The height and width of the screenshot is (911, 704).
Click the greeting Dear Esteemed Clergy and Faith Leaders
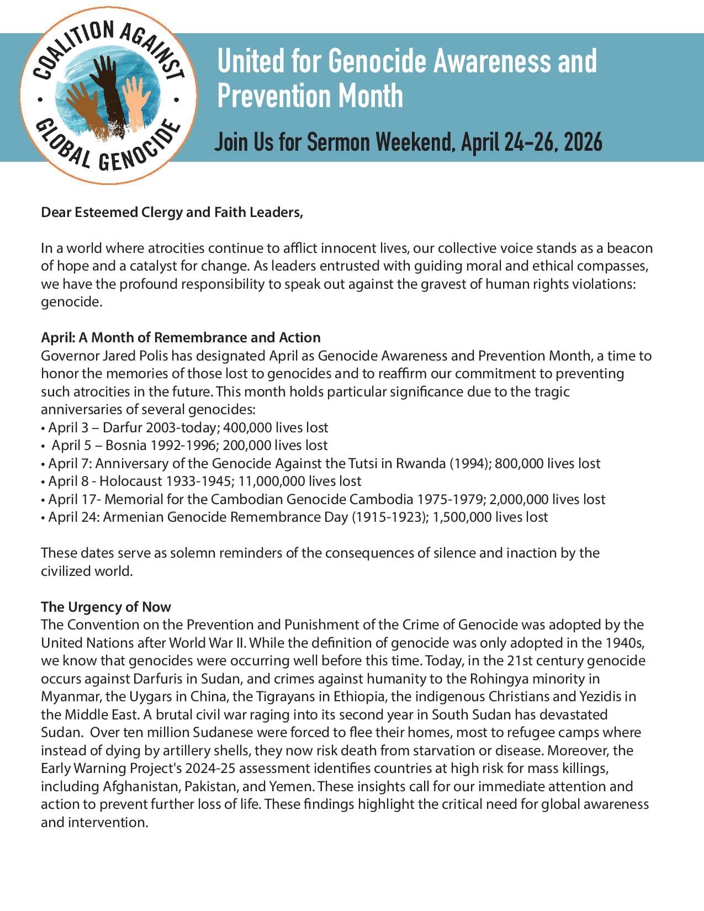pyautogui.click(x=172, y=213)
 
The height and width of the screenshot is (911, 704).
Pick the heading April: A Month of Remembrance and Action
pyautogui.click(x=181, y=337)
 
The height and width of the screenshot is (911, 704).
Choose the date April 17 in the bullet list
pyautogui.click(x=72, y=499)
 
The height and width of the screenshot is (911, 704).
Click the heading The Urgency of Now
pyautogui.click(x=106, y=607)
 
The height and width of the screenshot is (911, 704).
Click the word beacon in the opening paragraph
pyautogui.click(x=629, y=248)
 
